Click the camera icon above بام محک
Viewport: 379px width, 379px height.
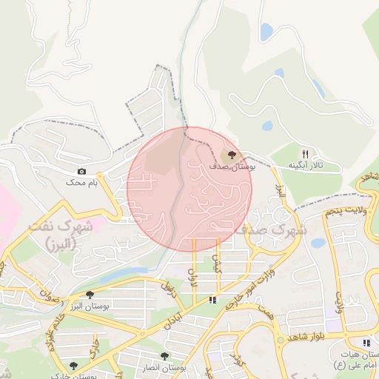click(x=81, y=171)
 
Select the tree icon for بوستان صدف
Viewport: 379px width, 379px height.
click(x=232, y=155)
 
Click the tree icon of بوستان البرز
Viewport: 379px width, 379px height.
click(x=90, y=295)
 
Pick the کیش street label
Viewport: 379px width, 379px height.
click(x=217, y=266)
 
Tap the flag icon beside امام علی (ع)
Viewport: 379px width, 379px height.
click(x=366, y=343)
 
